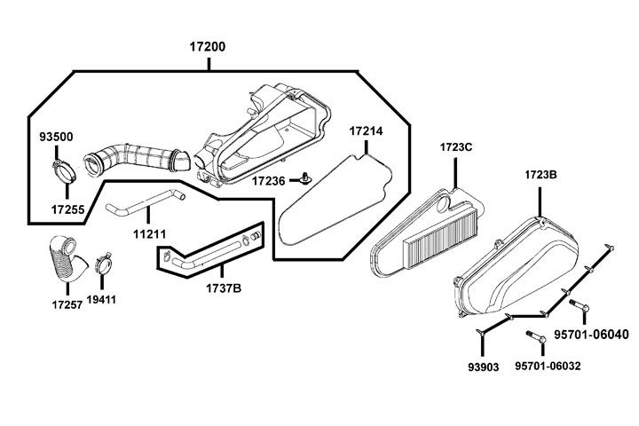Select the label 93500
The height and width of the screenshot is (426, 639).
[x=56, y=138]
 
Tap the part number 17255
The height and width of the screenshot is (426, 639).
[x=68, y=209]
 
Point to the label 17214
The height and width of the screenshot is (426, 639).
[x=365, y=130]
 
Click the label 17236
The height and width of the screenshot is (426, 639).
[x=268, y=180]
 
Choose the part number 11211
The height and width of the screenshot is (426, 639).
[x=150, y=237]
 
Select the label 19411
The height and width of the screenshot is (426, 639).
[x=102, y=299]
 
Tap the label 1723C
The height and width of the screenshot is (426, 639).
[x=455, y=146]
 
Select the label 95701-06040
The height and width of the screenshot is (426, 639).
[x=591, y=335]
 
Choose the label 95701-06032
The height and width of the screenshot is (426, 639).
[x=548, y=365]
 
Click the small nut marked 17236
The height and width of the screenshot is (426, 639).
[x=304, y=178]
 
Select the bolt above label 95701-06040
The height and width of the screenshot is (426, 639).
[x=580, y=307]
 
